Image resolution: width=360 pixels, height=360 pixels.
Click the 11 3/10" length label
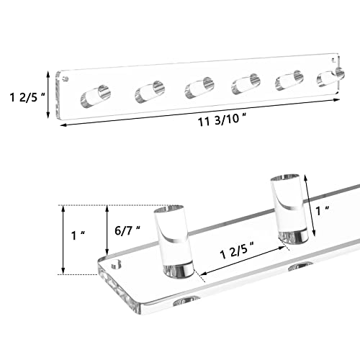pyautogui.click(x=222, y=120)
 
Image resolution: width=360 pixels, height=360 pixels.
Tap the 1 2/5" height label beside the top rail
pyautogui.click(x=27, y=97)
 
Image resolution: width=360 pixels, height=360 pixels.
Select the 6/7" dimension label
pyautogui.click(x=127, y=231)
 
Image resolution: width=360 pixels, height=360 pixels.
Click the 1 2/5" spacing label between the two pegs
pyautogui.click(x=237, y=251)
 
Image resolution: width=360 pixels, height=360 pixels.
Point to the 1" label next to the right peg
pyautogui.click(x=323, y=211)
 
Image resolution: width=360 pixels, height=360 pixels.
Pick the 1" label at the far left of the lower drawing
pyautogui.click(x=78, y=235)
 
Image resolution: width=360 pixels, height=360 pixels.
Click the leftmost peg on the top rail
pyautogui.click(x=96, y=96)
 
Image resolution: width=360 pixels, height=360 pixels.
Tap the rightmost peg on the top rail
pyautogui.click(x=330, y=77)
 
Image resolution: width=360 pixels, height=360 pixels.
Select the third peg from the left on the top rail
pyautogui.click(x=199, y=88)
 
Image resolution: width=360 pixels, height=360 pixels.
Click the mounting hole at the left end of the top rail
pyautogui.click(x=66, y=78)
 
